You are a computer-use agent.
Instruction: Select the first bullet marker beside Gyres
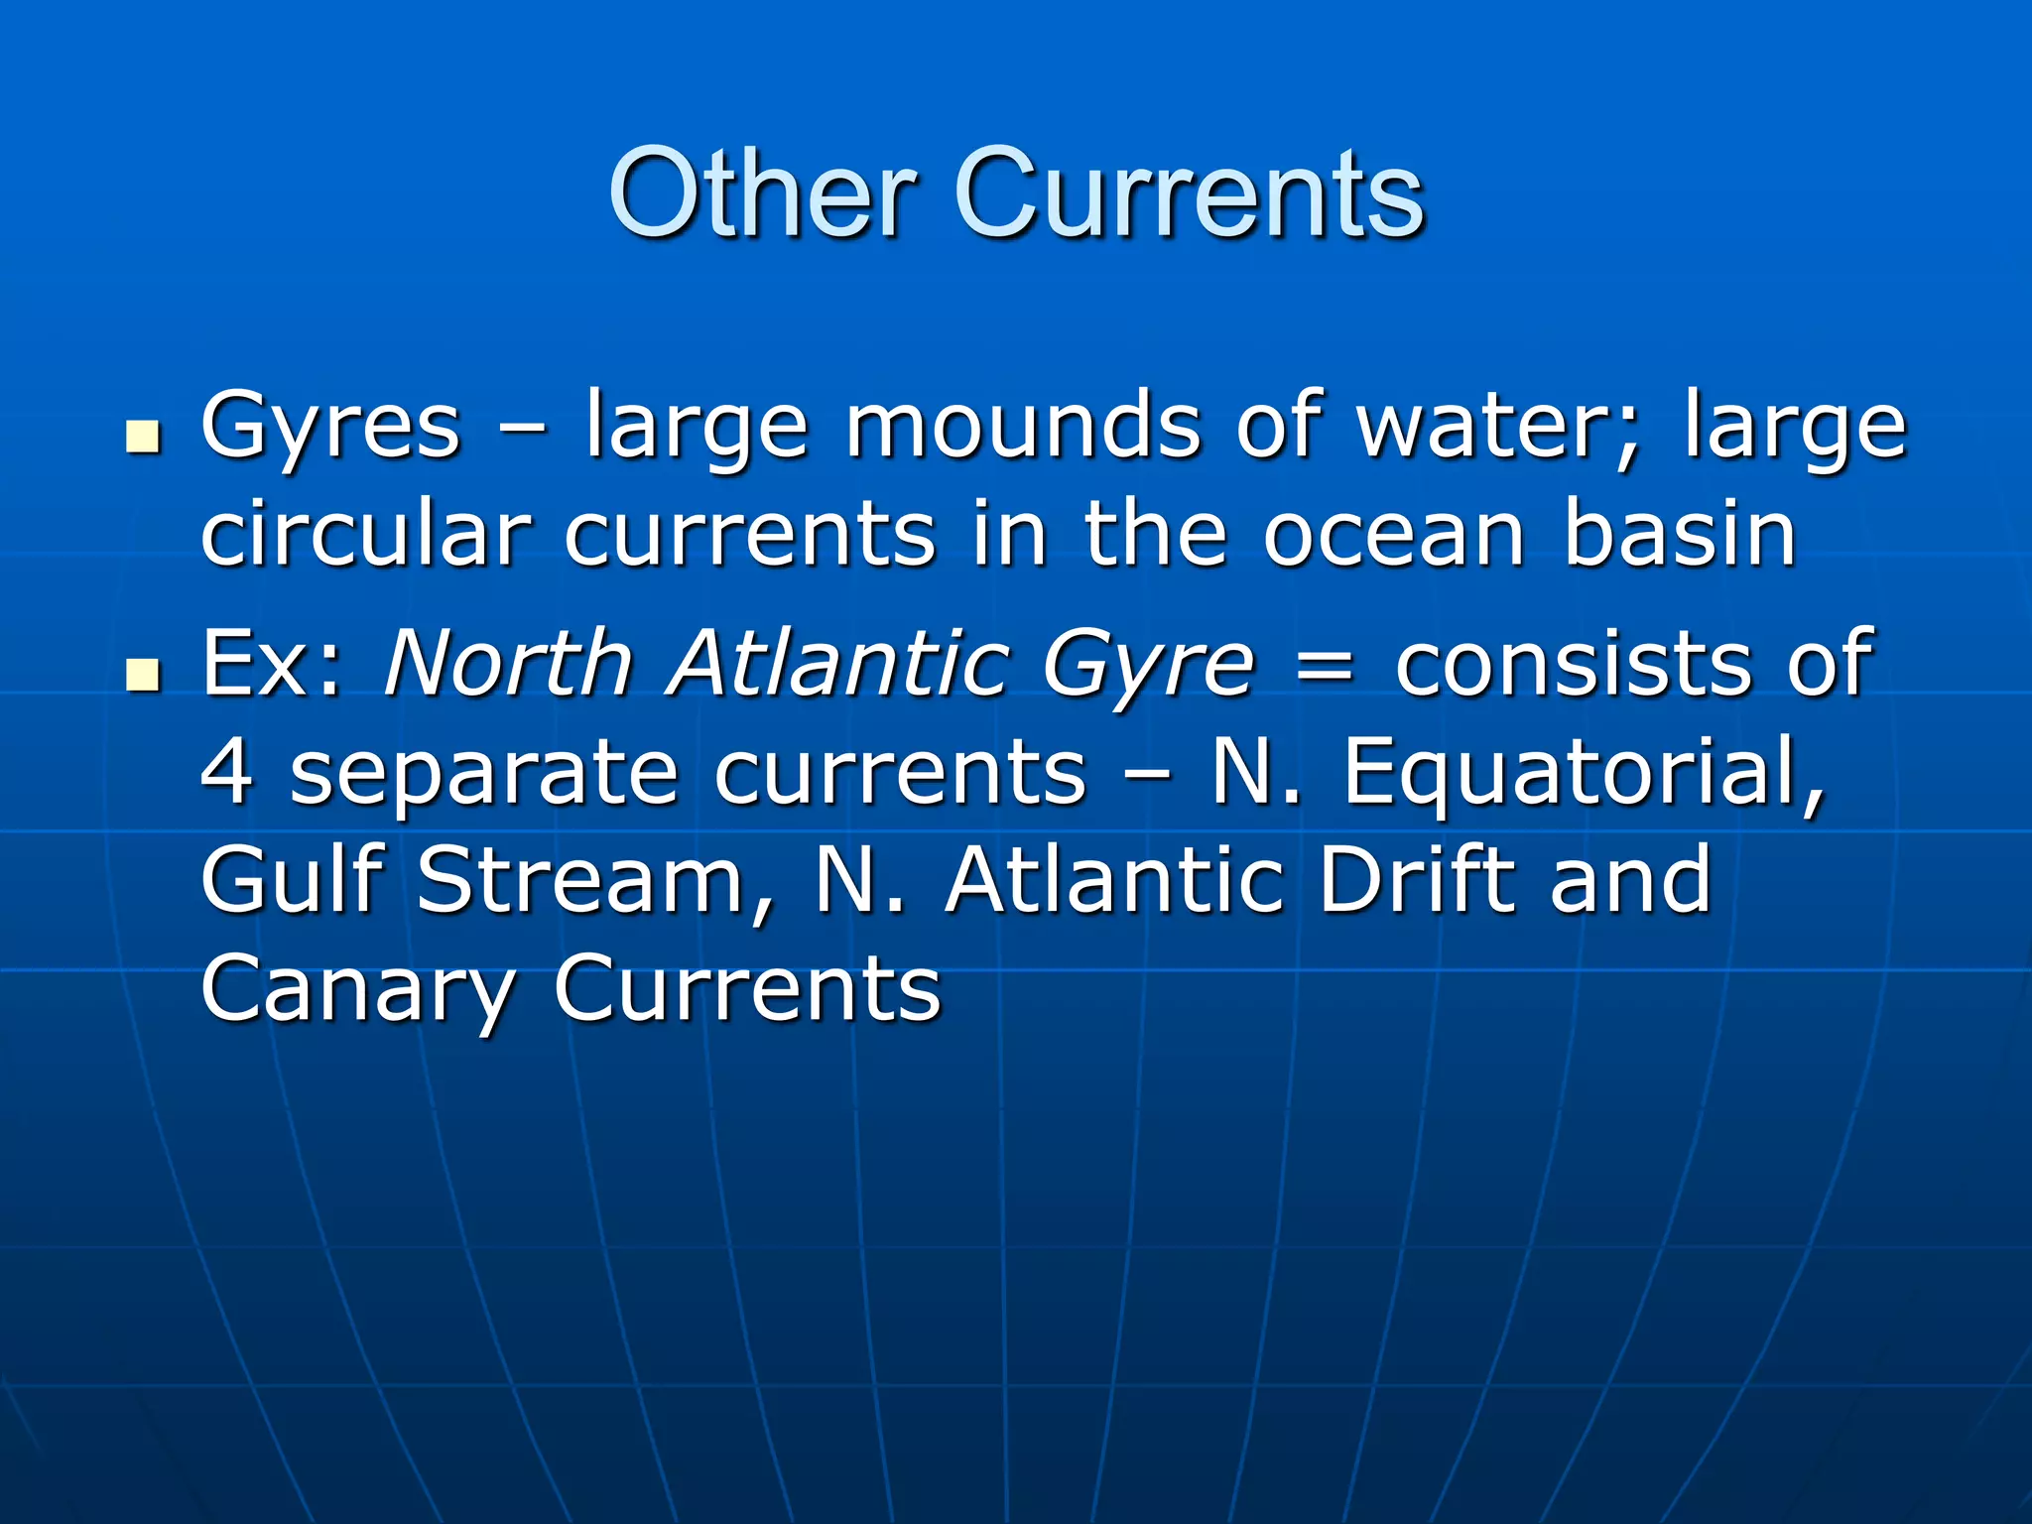[144, 437]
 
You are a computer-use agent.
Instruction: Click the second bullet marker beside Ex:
[144, 675]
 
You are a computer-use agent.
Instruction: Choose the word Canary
[358, 989]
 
